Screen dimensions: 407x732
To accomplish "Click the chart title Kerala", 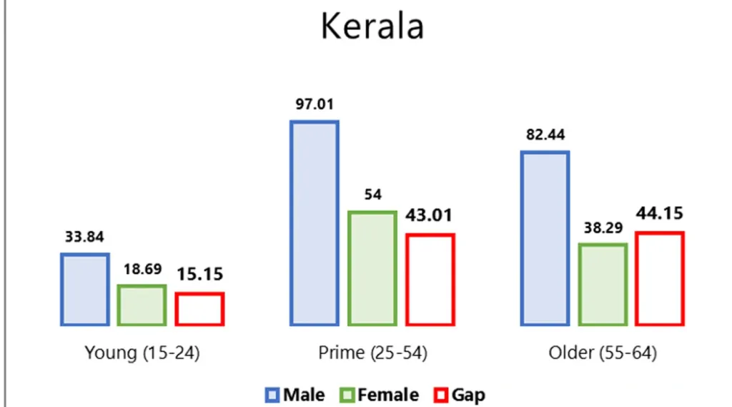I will point(372,26).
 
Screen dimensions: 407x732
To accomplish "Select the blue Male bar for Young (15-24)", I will point(84,289).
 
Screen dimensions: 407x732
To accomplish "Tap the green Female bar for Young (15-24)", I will point(142,305).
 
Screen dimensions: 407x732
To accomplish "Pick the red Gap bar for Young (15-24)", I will point(199,309).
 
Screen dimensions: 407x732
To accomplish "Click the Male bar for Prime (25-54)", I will point(314,223).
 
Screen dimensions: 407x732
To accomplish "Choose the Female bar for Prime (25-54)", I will point(372,268).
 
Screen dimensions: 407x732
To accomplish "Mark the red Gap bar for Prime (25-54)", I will point(430,280).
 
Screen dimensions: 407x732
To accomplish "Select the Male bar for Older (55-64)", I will point(545,238).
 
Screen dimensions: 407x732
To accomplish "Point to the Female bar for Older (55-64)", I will point(603,285).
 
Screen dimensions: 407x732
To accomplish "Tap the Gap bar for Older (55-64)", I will point(660,279).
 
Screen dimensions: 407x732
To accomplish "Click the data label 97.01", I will point(315,104).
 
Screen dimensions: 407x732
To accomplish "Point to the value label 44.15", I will point(660,213).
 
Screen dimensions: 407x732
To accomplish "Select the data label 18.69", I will point(142,270).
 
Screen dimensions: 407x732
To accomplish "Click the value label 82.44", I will point(545,135).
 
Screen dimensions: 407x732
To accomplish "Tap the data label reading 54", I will point(372,195).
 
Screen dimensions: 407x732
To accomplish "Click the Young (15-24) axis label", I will point(142,353).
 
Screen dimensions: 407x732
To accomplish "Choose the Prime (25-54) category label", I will point(372,353).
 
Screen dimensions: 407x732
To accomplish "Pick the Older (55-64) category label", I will point(603,353).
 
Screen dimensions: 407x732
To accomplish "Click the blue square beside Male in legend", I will point(272,395).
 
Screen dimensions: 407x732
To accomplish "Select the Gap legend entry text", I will point(469,395).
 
